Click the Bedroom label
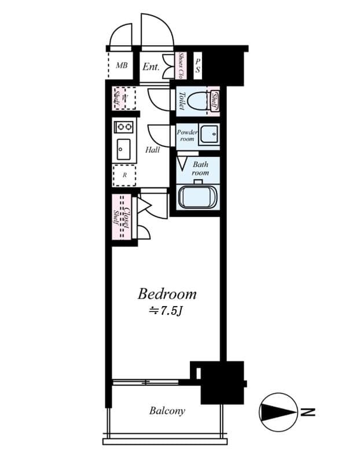tap(167, 293)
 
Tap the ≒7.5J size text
tap(167, 311)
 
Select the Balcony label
tap(167, 411)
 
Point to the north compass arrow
tap(277, 412)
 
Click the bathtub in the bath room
tap(197, 197)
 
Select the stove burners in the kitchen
tap(124, 126)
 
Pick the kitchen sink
tap(123, 150)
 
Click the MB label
tap(122, 65)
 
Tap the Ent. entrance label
tap(150, 67)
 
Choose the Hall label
tap(153, 150)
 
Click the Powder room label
tap(187, 135)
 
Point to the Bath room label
tap(200, 168)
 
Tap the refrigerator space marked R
tap(124, 174)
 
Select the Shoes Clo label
tap(181, 66)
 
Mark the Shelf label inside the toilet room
tap(215, 101)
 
